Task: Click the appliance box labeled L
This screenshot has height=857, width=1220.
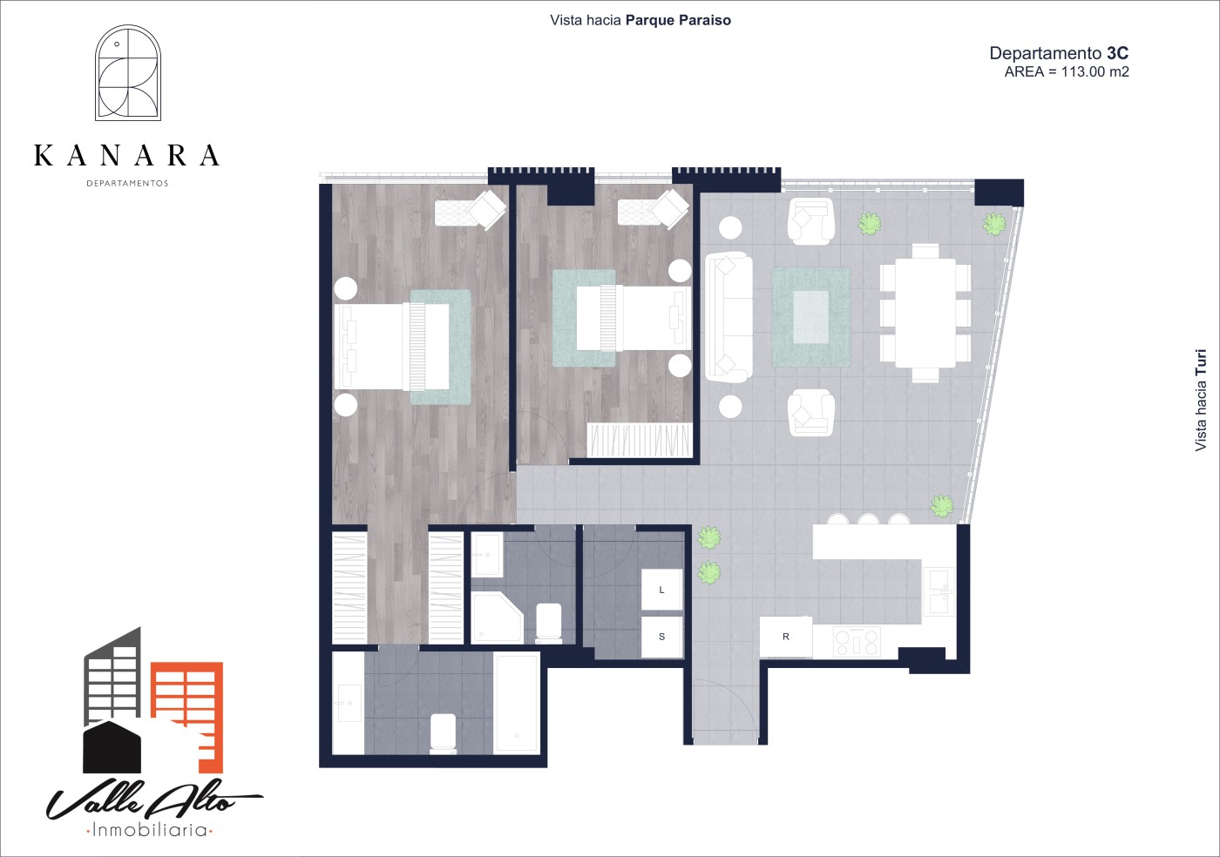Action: click(661, 590)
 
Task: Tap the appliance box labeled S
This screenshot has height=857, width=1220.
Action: click(661, 637)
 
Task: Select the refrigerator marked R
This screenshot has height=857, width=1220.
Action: click(786, 637)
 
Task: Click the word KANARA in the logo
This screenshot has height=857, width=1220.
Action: click(127, 155)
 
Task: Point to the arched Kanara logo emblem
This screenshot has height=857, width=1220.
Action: click(128, 72)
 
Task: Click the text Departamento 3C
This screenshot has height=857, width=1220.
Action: click(1059, 53)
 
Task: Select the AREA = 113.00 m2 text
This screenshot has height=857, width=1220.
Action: click(1067, 72)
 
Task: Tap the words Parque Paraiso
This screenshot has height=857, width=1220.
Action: click(678, 21)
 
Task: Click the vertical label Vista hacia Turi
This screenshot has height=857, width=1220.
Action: click(1201, 400)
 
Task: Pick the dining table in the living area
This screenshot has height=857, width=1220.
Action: click(925, 313)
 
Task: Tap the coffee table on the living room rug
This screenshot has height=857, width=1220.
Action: click(811, 317)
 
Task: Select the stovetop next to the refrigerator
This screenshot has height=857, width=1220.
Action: click(857, 641)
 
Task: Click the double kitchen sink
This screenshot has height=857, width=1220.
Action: click(939, 592)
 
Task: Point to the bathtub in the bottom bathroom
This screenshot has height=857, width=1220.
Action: click(516, 704)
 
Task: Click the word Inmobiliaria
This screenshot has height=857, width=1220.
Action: click(150, 830)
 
